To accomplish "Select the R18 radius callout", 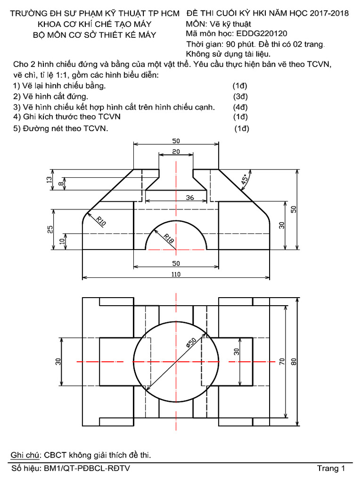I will pyautogui.click(x=169, y=239).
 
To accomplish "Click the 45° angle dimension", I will pyautogui.click(x=245, y=180).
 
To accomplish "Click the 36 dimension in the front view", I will pyautogui.click(x=190, y=198).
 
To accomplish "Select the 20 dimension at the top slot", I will pyautogui.click(x=175, y=151).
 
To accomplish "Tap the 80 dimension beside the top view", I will pyautogui.click(x=295, y=362).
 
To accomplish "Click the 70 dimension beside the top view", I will pyautogui.click(x=282, y=362).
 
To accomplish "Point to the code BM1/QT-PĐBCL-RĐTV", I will pyautogui.click(x=87, y=468).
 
